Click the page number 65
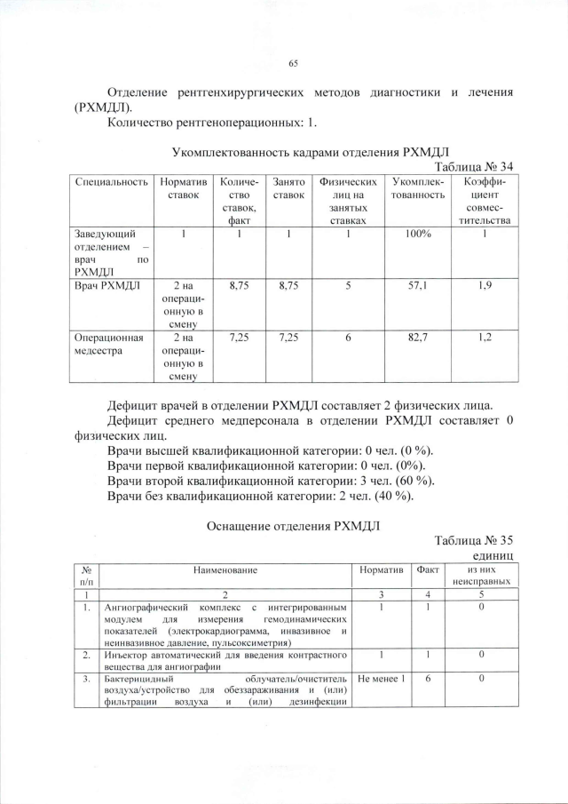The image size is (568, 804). (x=293, y=63)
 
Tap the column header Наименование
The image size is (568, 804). (x=222, y=569)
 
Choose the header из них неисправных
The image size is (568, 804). (x=480, y=575)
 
